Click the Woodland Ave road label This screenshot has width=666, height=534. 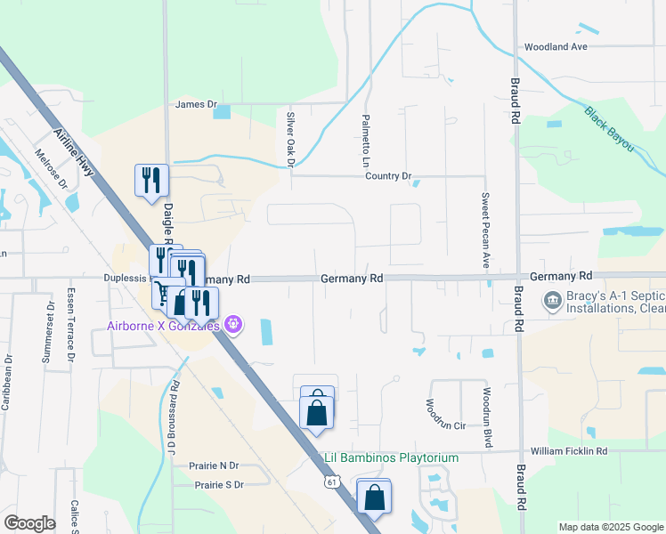pos(556,46)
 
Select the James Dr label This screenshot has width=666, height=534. pos(197,104)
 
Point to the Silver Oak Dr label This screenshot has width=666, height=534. pos(290,138)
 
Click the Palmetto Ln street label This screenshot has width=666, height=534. pos(365,142)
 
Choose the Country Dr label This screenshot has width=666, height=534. pos(388,176)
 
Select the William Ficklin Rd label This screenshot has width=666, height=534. pos(569,452)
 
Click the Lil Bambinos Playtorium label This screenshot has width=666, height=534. pos(389,458)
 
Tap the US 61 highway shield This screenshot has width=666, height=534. pos(332,481)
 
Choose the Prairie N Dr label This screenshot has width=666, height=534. pos(214,465)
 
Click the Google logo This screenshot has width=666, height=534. pos(30,523)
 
